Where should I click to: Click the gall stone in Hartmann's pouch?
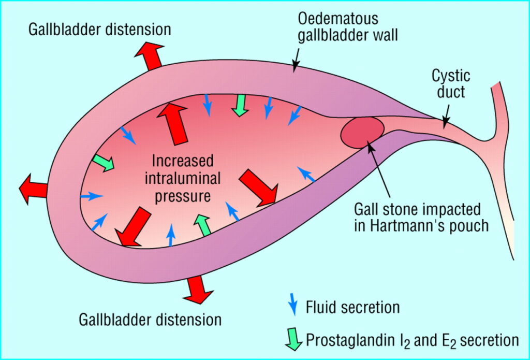pos(362,133)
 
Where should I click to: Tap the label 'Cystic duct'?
pos(451,84)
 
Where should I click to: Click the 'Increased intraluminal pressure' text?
pos(183,179)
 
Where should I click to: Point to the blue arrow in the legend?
pos(293,304)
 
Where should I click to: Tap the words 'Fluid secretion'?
pos(352,307)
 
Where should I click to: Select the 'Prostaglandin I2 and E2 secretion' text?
pos(412,340)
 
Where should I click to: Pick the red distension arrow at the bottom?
pos(198,289)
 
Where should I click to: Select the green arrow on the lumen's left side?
pos(104,163)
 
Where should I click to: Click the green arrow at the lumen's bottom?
pos(203,225)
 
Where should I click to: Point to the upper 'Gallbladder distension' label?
pos(100,30)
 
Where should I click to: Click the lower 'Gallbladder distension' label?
pos(150,320)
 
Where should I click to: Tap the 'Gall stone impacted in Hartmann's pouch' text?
pos(421,218)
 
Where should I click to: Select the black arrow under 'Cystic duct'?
pos(447,116)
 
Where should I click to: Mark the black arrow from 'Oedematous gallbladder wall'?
pos(297,60)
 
